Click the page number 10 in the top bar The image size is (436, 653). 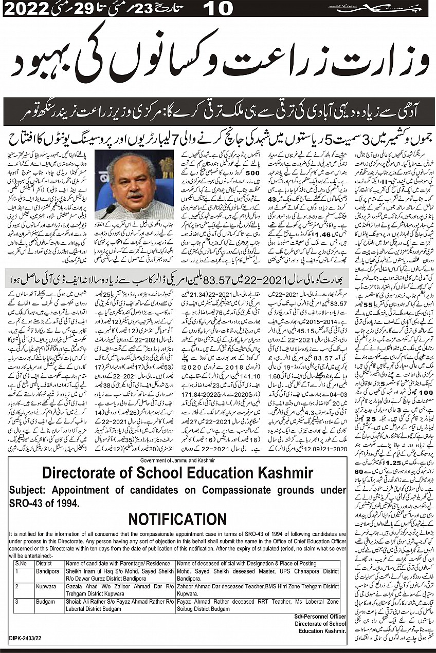[x=218, y=9]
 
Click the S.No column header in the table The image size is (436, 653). [x=21, y=563]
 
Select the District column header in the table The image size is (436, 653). [x=45, y=563]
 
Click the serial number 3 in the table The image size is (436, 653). [x=17, y=602]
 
